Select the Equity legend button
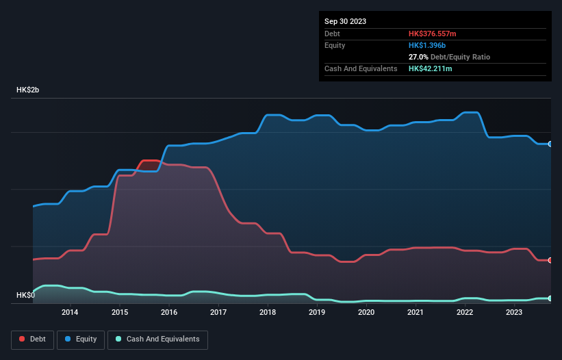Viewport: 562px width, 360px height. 81,339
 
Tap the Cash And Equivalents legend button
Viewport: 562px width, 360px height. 157,339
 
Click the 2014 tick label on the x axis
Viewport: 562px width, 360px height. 69,313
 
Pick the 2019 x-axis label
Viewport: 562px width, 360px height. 317,313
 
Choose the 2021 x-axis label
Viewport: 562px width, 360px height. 416,313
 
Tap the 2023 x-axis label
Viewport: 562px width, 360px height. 514,313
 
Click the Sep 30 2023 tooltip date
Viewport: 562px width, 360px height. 345,21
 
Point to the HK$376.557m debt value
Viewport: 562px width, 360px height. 432,34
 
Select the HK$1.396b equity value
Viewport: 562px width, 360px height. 427,45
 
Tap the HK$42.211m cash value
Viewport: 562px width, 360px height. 430,68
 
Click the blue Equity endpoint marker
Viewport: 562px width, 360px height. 550,144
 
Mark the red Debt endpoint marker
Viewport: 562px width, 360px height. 550,260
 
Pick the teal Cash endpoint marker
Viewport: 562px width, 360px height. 550,298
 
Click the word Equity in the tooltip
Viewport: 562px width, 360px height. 335,45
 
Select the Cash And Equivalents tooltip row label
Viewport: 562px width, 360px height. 361,68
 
